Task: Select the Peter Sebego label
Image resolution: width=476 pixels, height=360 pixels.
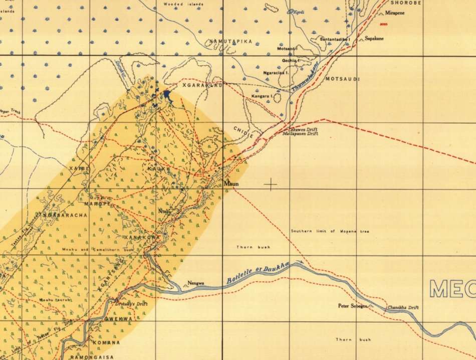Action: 353,305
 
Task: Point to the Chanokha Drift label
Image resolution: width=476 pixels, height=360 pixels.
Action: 403,307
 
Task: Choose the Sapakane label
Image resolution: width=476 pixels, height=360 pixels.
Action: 374,38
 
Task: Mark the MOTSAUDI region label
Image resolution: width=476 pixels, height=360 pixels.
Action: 343,79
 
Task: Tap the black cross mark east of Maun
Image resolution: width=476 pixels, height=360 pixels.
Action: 271,185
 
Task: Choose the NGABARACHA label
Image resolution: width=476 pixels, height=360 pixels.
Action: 66,215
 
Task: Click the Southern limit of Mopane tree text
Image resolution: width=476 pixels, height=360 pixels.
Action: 323,231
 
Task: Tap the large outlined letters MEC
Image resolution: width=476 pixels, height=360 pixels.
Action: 452,289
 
